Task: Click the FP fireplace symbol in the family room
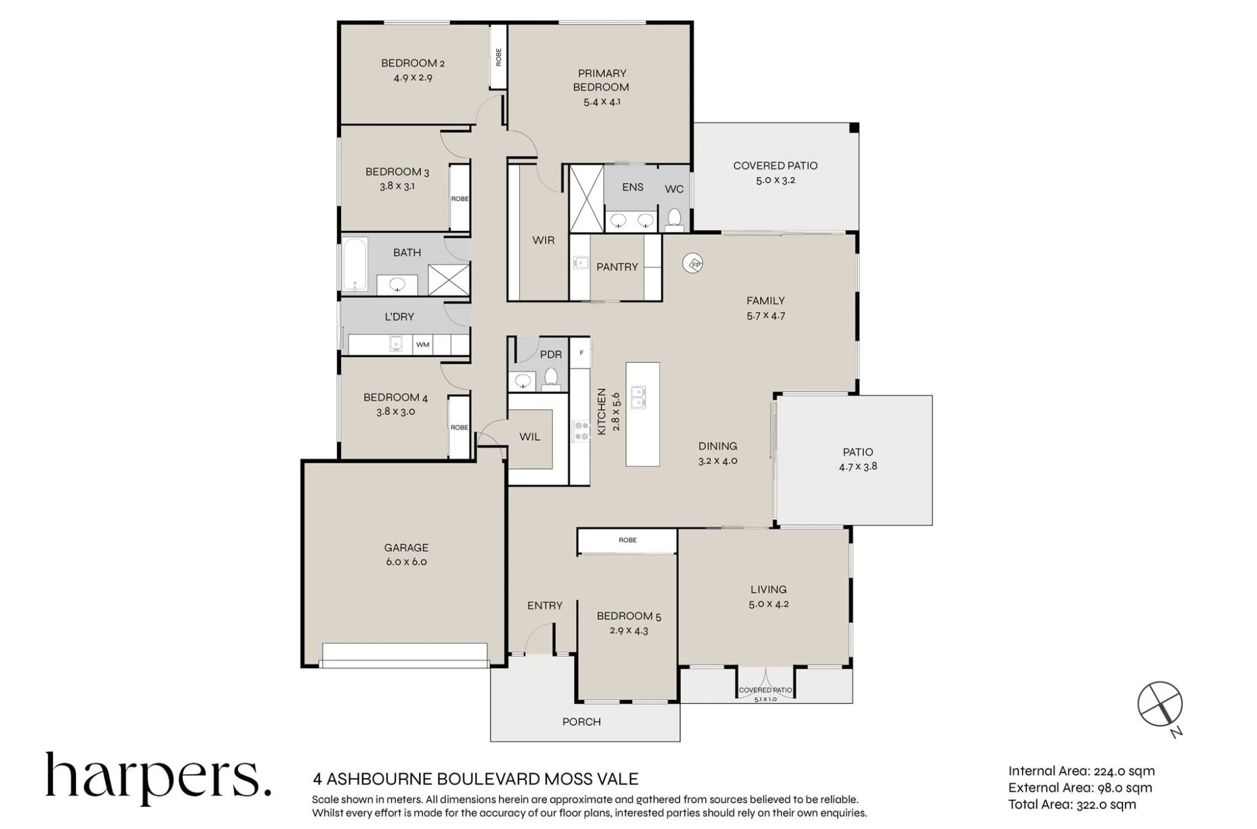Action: click(693, 264)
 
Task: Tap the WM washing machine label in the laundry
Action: click(422, 344)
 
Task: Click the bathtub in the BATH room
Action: click(355, 265)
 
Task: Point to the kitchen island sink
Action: click(638, 397)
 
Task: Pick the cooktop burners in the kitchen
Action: click(581, 431)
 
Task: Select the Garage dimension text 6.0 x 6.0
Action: click(406, 562)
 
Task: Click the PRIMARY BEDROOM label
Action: click(601, 80)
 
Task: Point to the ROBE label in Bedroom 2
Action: click(498, 57)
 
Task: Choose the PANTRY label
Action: click(617, 267)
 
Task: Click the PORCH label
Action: click(581, 722)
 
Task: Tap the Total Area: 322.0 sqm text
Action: click(1072, 804)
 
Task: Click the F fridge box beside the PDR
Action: click(581, 353)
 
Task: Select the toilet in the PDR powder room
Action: click(551, 378)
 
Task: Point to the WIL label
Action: click(530, 437)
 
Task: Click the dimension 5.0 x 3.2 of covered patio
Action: click(776, 180)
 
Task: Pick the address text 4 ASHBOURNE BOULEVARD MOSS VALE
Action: click(476, 779)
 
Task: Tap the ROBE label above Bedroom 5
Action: click(627, 540)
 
